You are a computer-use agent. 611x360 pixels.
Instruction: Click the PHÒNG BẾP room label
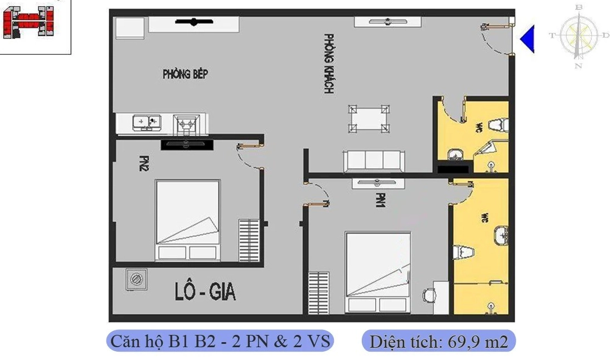pyautogui.click(x=185, y=74)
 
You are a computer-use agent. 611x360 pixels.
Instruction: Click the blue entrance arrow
pyautogui.click(x=527, y=39)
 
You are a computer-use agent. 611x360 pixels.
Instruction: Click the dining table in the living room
pyautogui.click(x=368, y=119)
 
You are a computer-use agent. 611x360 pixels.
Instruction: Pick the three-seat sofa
pyautogui.click(x=373, y=161)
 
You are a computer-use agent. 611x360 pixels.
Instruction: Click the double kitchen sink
pyautogui.click(x=146, y=122)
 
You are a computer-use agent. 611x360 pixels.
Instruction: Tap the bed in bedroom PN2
pyautogui.click(x=188, y=220)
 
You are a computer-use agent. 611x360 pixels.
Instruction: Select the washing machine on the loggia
pyautogui.click(x=135, y=279)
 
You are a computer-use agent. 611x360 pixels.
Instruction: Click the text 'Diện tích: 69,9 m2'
pyautogui.click(x=439, y=341)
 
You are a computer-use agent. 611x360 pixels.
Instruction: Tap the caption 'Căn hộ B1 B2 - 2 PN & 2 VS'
pyautogui.click(x=220, y=340)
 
